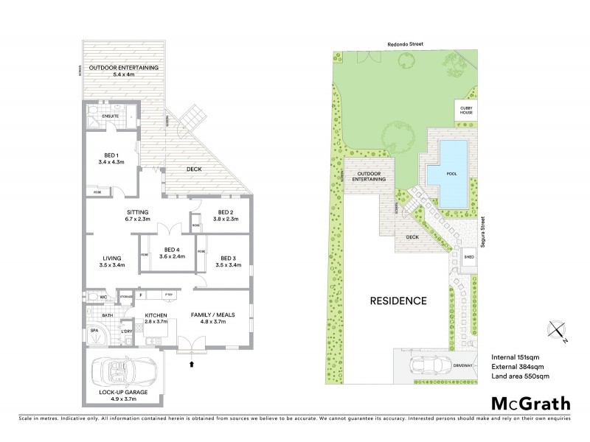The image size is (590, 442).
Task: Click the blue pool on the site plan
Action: [453, 174]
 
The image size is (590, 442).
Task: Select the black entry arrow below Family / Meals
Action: [193, 362]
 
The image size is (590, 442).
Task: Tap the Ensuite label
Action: [100, 116]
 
